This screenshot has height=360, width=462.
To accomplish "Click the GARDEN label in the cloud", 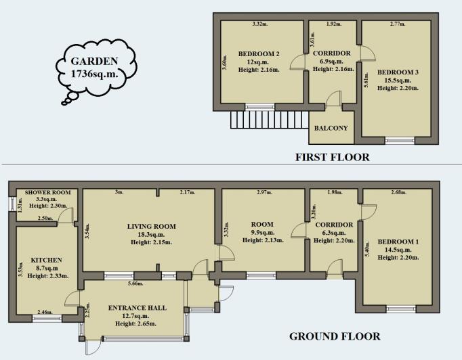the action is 94,61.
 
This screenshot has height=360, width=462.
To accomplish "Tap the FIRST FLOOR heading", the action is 333,157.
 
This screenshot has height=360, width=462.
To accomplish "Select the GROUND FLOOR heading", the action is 335,336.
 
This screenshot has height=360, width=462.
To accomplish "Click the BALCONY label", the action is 331,128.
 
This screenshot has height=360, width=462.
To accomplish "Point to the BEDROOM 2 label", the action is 259,54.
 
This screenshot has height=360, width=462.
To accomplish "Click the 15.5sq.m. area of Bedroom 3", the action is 398,80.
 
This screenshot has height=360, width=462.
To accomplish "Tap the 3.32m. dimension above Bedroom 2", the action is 260,24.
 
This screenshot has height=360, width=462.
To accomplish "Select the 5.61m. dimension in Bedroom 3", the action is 366,80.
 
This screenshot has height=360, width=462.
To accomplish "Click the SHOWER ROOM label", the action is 47,192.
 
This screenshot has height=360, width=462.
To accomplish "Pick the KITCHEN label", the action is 47,261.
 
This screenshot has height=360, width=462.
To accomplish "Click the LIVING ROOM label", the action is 152,227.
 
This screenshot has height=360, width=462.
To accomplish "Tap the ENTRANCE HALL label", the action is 138,308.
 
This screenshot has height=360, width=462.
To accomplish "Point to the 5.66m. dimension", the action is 135,284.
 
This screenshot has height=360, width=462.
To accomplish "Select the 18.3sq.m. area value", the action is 151,235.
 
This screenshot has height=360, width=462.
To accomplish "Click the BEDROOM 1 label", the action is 398,242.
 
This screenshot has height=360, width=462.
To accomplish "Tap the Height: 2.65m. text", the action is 136,323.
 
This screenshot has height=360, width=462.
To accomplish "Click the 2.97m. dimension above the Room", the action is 265,192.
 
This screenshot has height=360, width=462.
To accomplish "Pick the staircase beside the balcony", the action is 270,120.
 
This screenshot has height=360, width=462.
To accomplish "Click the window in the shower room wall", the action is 12,204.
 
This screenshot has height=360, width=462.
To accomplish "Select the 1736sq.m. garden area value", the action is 95,73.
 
